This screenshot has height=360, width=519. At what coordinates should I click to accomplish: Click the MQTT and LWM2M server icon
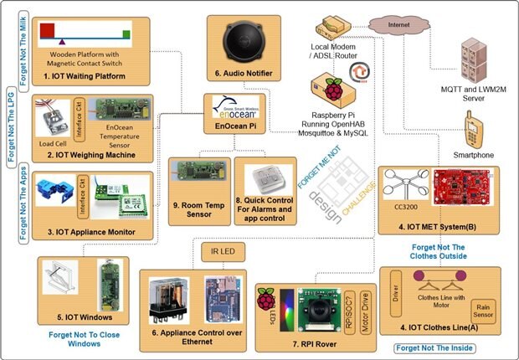click(473, 59)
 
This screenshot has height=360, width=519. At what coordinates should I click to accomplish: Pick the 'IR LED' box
click(220, 251)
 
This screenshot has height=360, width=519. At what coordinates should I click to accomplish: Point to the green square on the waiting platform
click(126, 34)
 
